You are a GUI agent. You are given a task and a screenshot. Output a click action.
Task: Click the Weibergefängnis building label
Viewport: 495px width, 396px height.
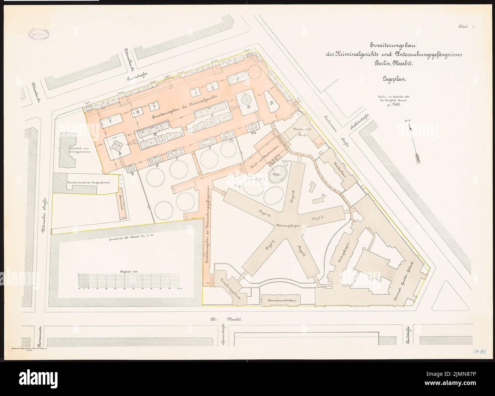coord(343,252)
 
